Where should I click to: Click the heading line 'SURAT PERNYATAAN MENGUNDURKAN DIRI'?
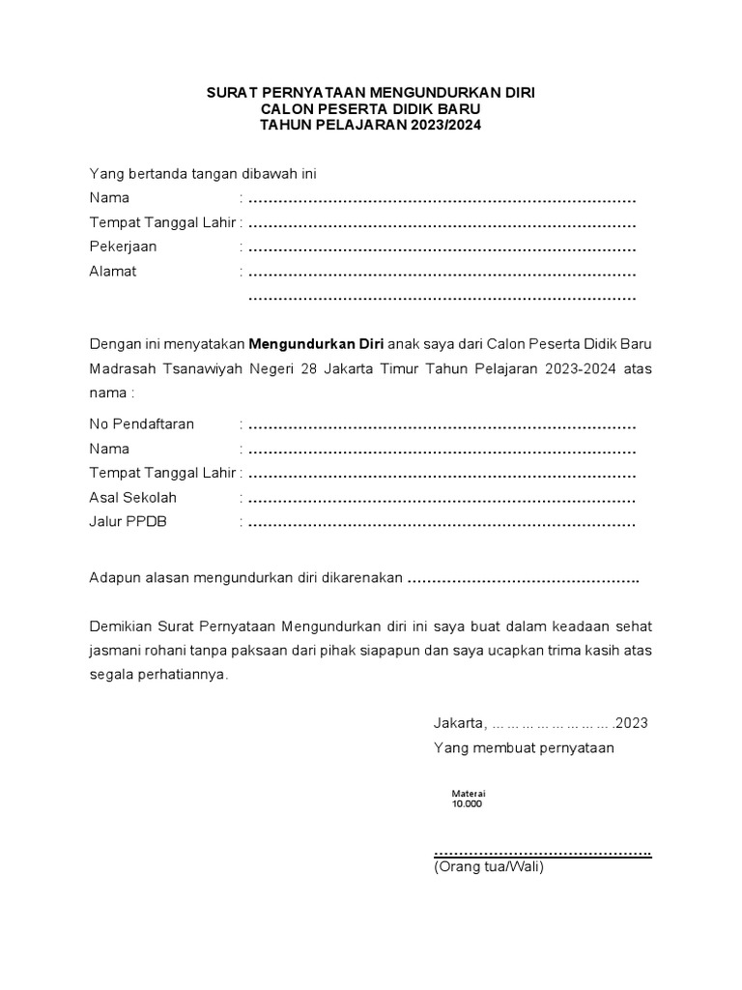point(370,93)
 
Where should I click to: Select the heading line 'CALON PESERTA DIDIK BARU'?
point(370,109)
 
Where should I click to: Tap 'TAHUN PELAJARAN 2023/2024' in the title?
point(370,126)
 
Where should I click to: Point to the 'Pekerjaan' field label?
point(123,247)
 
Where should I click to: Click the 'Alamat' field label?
point(113,272)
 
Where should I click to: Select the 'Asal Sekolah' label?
point(132,498)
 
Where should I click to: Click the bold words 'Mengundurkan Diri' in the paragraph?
point(317,344)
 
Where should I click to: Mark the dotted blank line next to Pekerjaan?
point(442,248)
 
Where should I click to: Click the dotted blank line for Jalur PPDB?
point(442,525)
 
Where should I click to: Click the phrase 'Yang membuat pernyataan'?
point(524,748)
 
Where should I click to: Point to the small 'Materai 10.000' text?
point(468,799)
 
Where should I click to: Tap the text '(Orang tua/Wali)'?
point(489,867)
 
